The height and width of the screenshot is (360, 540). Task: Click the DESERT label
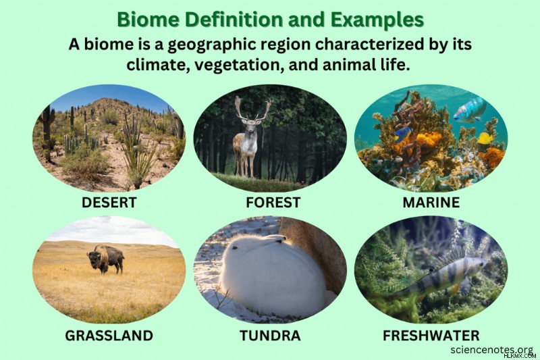pos(109,202)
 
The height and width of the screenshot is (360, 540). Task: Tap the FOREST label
pos(273,202)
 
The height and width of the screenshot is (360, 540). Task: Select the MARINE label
pos(431,202)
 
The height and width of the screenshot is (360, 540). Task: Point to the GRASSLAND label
pos(109,335)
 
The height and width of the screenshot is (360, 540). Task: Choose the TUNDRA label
pos(270,335)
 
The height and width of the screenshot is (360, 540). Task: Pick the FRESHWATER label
pos(431,335)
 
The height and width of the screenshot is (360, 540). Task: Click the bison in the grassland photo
pos(106,259)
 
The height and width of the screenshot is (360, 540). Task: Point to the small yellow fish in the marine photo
pos(485,138)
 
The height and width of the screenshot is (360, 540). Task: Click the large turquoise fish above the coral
pos(469,110)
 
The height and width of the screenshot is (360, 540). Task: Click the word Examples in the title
pos(377,20)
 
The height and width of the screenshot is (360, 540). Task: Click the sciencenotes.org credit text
pos(492,350)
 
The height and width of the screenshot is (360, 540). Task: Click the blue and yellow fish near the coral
pos(403,134)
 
